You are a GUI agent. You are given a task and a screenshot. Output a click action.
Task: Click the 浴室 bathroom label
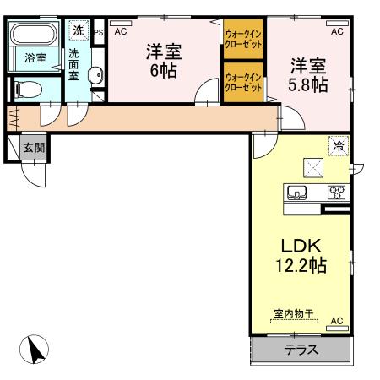(35, 58)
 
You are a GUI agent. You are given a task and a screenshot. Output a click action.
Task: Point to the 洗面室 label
(74, 63)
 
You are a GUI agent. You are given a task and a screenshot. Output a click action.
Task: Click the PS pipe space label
(99, 32)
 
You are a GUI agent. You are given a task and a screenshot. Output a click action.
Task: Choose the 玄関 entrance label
(35, 147)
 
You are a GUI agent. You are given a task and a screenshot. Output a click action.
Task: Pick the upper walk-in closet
(242, 39)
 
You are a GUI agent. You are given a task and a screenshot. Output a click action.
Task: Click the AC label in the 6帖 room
(120, 31)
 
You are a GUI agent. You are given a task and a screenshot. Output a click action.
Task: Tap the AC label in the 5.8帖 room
(336, 31)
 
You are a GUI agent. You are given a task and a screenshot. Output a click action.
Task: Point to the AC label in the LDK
(336, 321)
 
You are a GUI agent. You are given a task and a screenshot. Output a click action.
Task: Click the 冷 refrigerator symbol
(338, 145)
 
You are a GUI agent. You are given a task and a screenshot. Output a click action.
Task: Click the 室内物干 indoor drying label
(292, 313)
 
